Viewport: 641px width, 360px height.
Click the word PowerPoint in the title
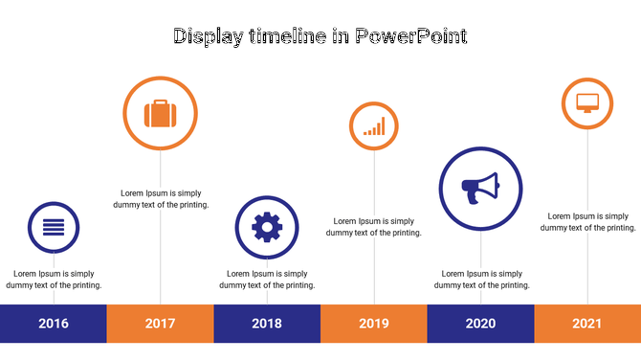[410, 37]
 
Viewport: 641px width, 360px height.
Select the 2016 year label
[54, 324]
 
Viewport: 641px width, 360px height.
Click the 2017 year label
[160, 324]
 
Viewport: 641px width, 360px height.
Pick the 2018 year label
[267, 324]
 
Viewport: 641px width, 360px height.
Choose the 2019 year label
[373, 324]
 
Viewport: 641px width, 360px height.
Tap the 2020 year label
[480, 324]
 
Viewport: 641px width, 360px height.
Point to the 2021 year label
[586, 324]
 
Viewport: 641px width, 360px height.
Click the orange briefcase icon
[160, 114]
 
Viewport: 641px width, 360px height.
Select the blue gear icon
[267, 227]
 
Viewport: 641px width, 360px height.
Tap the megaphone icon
[480, 188]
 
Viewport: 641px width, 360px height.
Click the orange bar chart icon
[373, 126]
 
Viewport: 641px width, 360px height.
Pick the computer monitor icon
[586, 101]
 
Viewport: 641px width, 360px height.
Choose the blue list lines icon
[54, 228]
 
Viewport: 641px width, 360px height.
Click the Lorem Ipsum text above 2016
[54, 279]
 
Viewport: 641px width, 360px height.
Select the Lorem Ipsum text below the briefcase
[160, 198]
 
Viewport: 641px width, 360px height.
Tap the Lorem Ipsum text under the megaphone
[480, 279]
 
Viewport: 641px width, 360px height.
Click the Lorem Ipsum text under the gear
[267, 279]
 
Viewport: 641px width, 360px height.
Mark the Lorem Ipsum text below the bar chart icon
[373, 226]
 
